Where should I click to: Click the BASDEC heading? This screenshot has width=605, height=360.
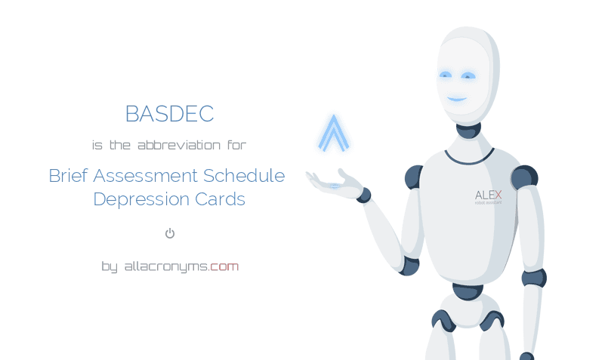pos(169,114)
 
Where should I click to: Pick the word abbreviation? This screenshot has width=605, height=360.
pos(179,144)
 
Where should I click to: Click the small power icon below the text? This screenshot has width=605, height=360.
pos(170,233)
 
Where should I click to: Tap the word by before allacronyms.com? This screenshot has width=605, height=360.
pos(110,266)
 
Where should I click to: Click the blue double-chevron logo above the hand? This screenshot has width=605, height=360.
pos(333,134)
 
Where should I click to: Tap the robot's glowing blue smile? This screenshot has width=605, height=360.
pos(456,99)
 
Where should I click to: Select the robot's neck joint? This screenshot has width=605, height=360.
pos(468,130)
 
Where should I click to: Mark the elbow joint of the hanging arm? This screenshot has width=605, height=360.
pos(533,277)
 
